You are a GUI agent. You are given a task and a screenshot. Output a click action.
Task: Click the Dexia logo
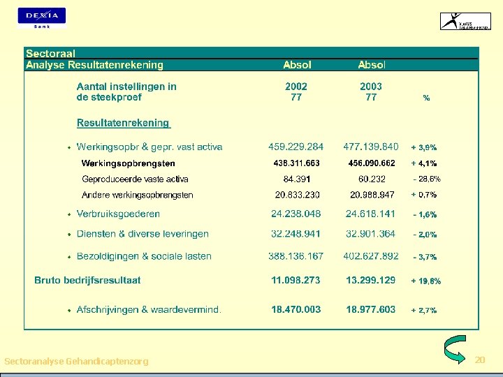coord(42,17)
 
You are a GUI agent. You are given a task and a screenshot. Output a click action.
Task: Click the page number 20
coord(479,360)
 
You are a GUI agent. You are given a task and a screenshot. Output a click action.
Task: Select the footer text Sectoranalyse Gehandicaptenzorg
coord(76,361)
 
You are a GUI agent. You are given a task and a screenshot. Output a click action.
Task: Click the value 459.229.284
coord(296,147)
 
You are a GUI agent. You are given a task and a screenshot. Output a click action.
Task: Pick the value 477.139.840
coord(371,147)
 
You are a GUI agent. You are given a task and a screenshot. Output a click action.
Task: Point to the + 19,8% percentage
coord(425,281)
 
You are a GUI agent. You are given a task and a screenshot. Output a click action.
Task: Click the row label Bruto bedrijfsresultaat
coord(87,280)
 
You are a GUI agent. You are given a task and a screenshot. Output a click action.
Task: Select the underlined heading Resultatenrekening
coord(123,123)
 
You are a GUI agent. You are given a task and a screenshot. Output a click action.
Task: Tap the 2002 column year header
coord(296,87)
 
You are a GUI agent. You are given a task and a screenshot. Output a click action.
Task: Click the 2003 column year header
coord(371,87)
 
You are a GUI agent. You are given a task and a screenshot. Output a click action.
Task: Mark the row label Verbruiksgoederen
coord(118,214)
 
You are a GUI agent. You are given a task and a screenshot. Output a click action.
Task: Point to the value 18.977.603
coord(371,309)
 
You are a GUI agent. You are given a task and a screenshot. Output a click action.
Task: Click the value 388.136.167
coord(296,256)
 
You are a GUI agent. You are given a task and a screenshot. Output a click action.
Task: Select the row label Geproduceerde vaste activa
coord(135,179)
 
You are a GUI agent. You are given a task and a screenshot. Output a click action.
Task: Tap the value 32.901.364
coord(371,234)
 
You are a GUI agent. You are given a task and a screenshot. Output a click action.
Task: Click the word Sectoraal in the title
coord(50,53)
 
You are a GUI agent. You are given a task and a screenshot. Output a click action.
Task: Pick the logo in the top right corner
coord(465,21)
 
